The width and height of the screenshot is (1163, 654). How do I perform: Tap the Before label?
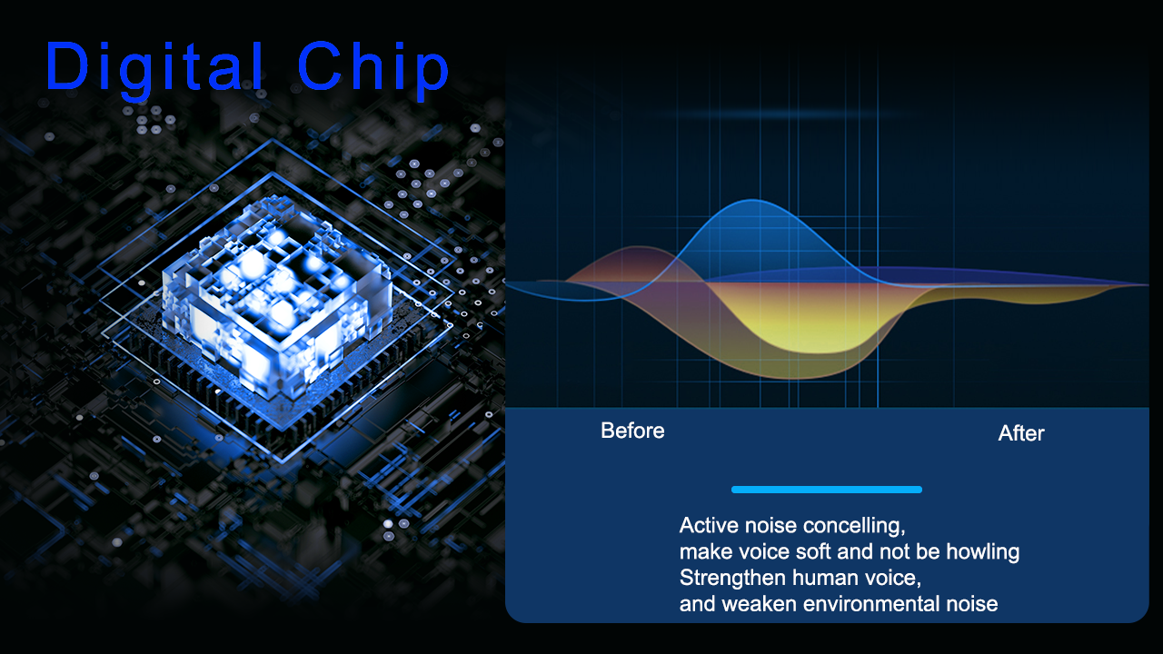pos(632,431)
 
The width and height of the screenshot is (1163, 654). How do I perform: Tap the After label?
pos(1020,433)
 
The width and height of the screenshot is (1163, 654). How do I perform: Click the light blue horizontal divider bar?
pos(827,490)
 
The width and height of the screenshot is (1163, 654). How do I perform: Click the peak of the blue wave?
pos(753,201)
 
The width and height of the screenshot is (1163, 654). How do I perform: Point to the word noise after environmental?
pos(972,604)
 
